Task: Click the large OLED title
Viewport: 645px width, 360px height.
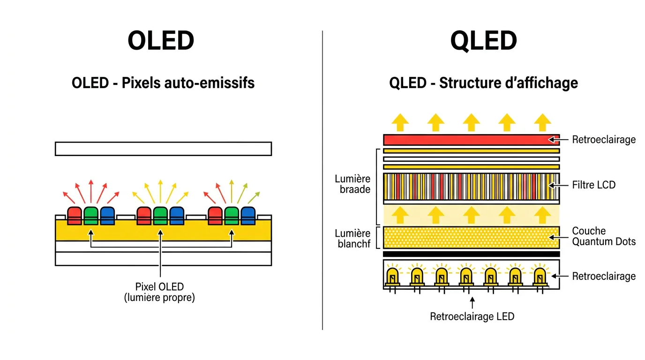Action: click(x=161, y=41)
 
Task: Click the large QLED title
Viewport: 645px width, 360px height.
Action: click(x=483, y=41)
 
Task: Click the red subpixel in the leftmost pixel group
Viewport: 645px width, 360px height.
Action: click(x=75, y=216)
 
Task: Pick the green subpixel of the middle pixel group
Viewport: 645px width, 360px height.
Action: click(x=160, y=216)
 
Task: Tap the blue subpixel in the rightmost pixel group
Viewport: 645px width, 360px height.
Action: click(x=248, y=216)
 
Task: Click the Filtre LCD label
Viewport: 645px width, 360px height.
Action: click(x=593, y=185)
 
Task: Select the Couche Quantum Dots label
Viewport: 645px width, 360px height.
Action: click(x=603, y=236)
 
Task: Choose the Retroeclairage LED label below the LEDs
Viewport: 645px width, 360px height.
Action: click(x=472, y=316)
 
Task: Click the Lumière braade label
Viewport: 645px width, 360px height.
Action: click(x=352, y=184)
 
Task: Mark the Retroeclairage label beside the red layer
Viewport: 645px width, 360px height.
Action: click(x=604, y=140)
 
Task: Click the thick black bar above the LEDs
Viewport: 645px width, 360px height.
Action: click(x=471, y=254)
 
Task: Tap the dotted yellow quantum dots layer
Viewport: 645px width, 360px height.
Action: click(x=471, y=237)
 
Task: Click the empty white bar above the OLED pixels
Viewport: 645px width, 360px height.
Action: click(x=163, y=148)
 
